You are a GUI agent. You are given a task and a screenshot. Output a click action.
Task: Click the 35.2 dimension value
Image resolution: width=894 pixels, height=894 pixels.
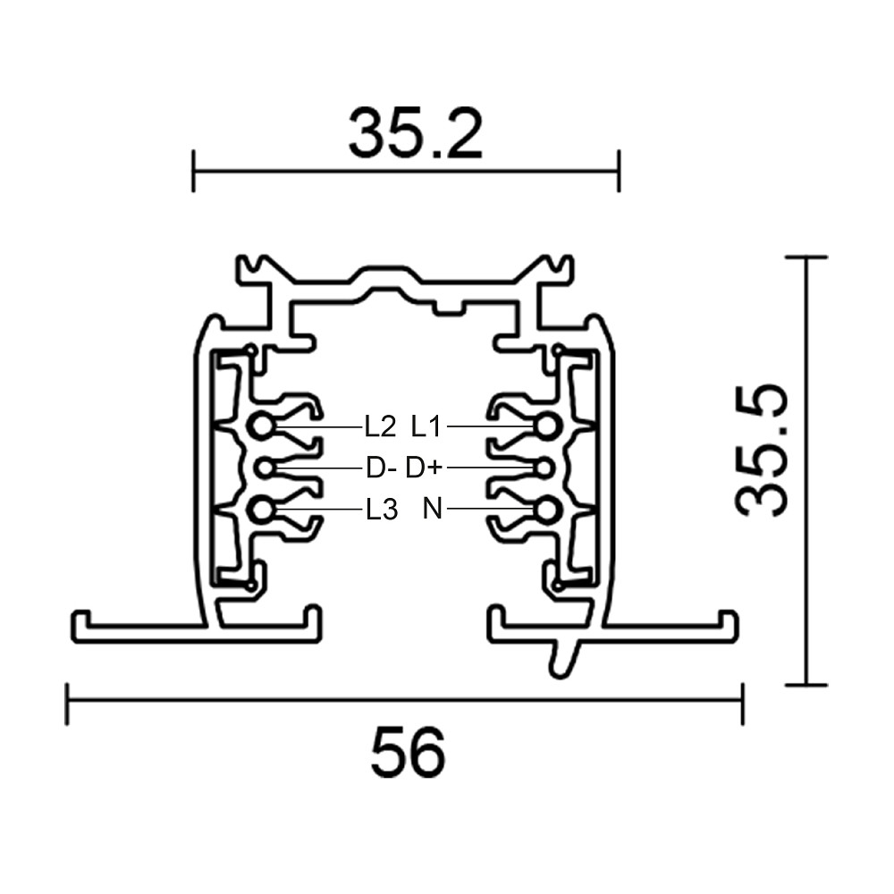[x=416, y=133]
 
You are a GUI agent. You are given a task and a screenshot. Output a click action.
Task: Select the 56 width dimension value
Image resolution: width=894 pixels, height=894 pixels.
[x=408, y=752]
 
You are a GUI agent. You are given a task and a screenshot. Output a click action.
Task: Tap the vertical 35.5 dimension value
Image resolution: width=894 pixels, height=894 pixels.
[x=762, y=451]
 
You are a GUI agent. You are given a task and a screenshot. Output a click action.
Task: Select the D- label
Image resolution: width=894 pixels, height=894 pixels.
[x=381, y=468]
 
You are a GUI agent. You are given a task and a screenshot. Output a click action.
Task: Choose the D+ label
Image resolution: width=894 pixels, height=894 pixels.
[x=424, y=468]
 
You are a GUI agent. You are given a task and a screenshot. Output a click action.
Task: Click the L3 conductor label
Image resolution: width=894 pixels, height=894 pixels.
[x=382, y=510]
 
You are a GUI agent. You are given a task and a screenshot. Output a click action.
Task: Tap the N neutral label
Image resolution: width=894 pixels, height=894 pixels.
[x=433, y=509]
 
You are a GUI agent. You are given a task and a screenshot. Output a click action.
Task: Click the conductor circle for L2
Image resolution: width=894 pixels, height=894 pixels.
[x=261, y=426]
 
